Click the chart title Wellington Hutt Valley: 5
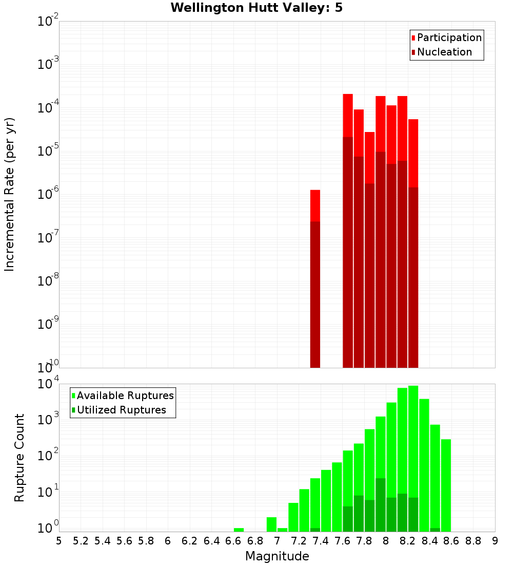[x=256, y=8]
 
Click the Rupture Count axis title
[x=19, y=458]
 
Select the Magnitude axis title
[x=277, y=556]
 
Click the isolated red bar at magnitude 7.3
[x=315, y=205]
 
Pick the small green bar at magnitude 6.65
[x=239, y=530]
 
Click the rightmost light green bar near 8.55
[x=446, y=483]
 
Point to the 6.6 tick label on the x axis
[x=233, y=541]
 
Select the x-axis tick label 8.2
[x=408, y=541]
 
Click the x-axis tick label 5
[x=59, y=541]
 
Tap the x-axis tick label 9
[x=495, y=541]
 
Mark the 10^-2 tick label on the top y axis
[x=48, y=22]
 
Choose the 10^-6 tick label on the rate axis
[x=48, y=195]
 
